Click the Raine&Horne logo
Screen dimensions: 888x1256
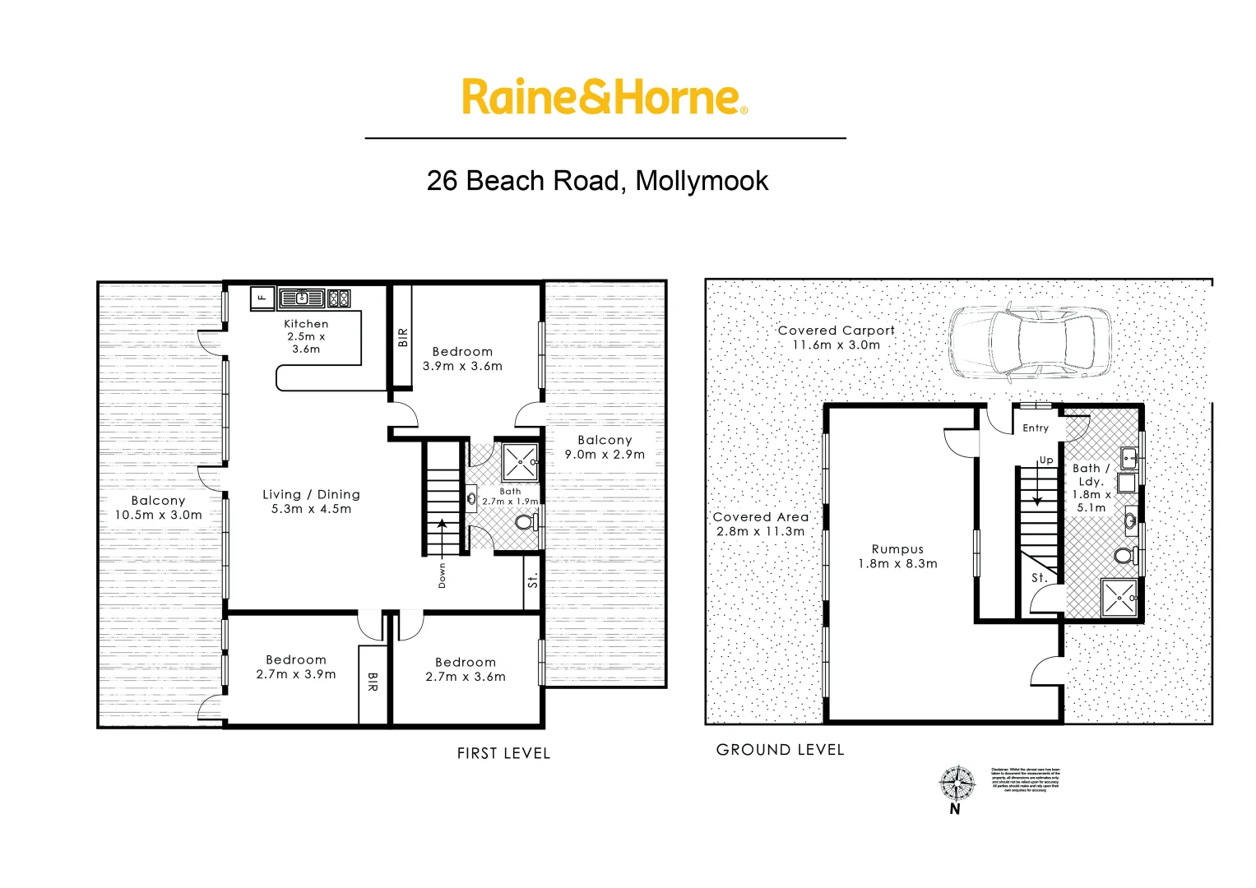(605, 97)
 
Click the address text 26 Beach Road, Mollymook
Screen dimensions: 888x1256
(597, 181)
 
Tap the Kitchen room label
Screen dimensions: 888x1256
(306, 324)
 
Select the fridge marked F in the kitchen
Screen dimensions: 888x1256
(262, 298)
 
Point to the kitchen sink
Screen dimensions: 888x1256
(302, 298)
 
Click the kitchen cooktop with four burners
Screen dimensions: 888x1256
(338, 298)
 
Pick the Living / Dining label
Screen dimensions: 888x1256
(311, 495)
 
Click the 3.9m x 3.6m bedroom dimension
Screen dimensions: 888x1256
(462, 367)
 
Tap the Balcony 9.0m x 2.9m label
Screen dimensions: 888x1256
(605, 447)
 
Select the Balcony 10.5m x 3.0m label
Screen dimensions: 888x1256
(158, 508)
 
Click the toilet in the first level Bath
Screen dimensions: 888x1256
(524, 521)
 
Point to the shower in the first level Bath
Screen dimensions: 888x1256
(520, 462)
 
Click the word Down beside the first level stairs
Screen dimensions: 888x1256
(443, 575)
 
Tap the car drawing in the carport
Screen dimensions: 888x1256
(1030, 344)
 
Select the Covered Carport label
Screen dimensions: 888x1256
(836, 331)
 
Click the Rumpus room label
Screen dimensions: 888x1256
(897, 549)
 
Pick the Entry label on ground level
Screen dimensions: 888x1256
(1036, 428)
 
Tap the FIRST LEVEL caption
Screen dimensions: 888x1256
(503, 753)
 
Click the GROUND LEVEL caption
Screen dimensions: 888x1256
(780, 750)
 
